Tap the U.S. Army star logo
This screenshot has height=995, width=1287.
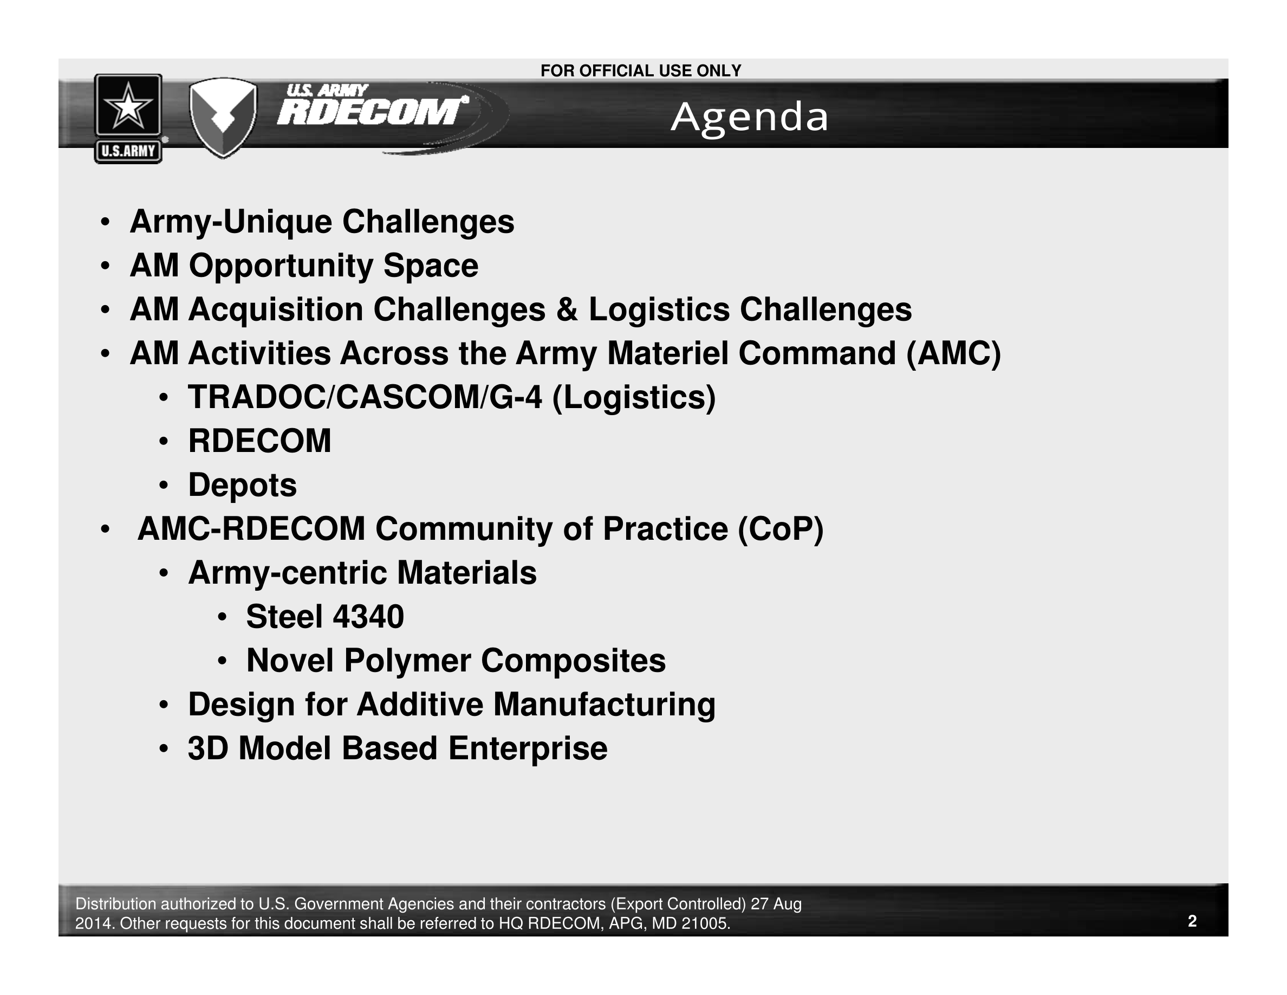(128, 119)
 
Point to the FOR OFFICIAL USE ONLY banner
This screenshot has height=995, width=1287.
(641, 71)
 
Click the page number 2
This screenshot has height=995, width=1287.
(1192, 921)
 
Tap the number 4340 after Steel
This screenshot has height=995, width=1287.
(368, 617)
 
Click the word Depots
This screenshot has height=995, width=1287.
(242, 485)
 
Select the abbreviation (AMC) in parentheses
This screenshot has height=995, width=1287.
(953, 354)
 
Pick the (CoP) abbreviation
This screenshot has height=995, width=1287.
(780, 529)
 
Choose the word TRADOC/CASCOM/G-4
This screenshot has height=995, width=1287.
(365, 397)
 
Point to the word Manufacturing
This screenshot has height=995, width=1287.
(604, 705)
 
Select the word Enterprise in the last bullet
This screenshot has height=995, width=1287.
(528, 748)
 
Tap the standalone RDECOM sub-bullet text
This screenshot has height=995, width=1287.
(260, 441)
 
